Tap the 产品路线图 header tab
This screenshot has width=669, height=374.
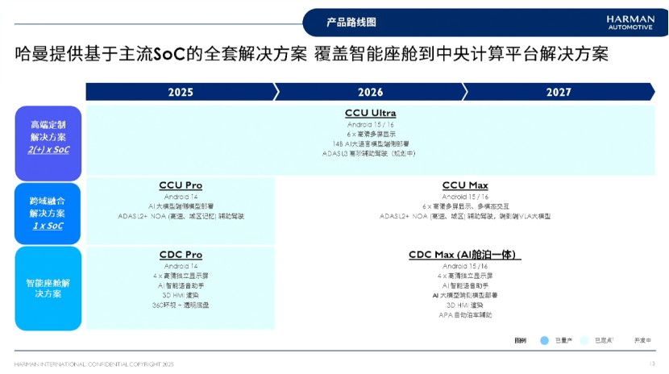point(351,23)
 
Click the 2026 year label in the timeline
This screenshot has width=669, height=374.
point(370,92)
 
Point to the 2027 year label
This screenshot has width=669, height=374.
point(559,92)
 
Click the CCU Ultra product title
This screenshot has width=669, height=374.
point(370,113)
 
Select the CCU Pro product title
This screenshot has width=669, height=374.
point(181,185)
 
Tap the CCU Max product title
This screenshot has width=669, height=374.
point(465,185)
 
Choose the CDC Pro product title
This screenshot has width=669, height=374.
point(181,255)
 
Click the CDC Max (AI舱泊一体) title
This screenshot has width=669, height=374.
point(465,255)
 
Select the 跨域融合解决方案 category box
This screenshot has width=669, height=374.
point(48,213)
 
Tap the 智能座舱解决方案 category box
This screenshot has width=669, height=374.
point(48,288)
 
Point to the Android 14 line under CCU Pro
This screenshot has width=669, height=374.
point(181,196)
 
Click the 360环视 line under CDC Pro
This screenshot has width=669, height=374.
point(181,305)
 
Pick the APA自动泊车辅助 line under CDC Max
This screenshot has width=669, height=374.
point(465,314)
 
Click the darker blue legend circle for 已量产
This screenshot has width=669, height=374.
point(545,340)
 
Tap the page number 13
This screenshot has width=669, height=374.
point(651,364)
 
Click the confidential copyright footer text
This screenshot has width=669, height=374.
point(94,364)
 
